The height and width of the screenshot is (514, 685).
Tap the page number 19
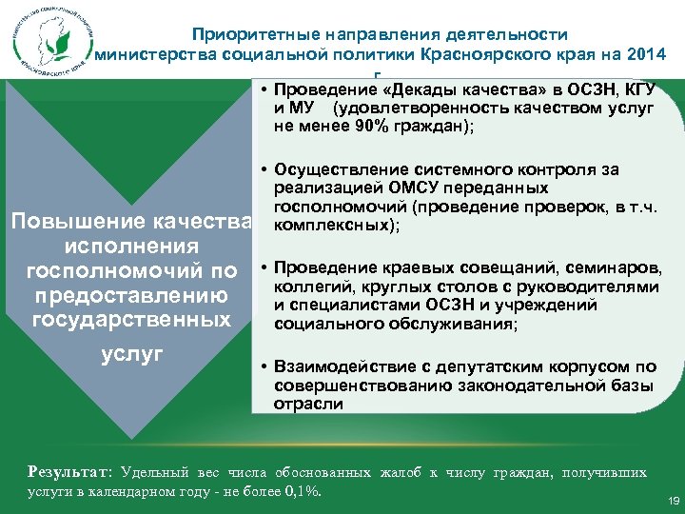674,500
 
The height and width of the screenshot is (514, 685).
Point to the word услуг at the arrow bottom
131,353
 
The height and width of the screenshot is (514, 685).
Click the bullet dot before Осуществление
262,170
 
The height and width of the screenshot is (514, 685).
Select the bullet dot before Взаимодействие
262,366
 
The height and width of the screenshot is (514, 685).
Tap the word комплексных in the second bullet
330,227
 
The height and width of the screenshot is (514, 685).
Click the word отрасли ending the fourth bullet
308,404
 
